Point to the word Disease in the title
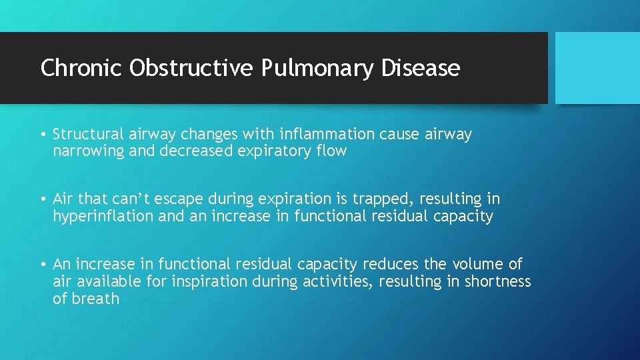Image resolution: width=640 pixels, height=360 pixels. [x=421, y=68]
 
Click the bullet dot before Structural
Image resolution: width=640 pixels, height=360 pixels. [x=43, y=135]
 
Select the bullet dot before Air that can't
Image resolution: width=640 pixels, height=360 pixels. [x=43, y=199]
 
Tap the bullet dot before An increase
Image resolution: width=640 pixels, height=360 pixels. [x=43, y=265]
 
